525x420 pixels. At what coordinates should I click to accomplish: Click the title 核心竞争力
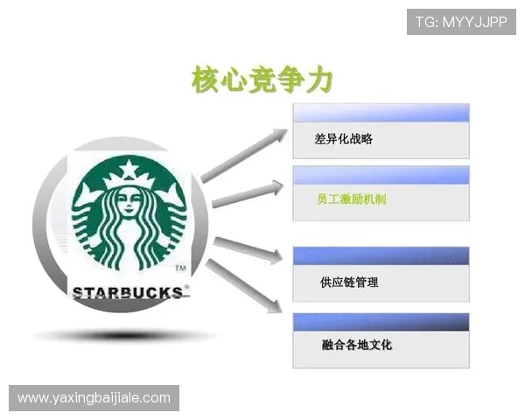click(x=262, y=80)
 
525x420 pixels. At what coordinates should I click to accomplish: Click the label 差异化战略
click(x=344, y=138)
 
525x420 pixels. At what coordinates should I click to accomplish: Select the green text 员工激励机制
click(x=351, y=199)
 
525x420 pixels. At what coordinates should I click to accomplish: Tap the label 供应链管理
click(x=350, y=283)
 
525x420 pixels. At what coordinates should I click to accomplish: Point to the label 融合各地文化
click(x=356, y=345)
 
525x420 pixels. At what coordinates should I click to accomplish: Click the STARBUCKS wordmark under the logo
click(x=129, y=291)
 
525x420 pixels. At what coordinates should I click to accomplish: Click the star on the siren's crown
click(x=129, y=168)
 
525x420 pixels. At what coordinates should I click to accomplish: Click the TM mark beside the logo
click(x=179, y=268)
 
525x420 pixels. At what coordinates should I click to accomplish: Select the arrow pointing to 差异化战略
click(x=244, y=156)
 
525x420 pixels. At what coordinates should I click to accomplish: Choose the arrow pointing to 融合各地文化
click(x=244, y=288)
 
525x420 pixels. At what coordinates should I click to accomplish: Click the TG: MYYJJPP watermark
click(x=461, y=21)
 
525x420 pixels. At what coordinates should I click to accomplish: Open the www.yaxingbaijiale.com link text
click(x=94, y=398)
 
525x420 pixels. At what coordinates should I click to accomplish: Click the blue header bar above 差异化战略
click(x=381, y=113)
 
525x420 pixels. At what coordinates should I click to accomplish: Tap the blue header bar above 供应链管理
click(x=381, y=255)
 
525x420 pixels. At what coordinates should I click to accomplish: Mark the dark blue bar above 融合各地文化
click(x=381, y=321)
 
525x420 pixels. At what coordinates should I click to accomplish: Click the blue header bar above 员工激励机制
click(x=381, y=174)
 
